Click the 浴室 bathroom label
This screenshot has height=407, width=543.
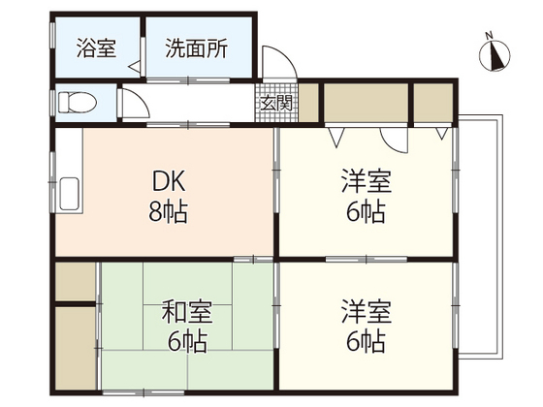tap(97, 47)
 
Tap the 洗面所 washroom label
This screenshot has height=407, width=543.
tap(196, 47)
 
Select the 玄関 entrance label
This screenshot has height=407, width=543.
tap(269, 102)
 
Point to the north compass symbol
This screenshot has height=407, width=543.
tap(495, 55)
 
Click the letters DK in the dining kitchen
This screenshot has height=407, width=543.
tap(168, 181)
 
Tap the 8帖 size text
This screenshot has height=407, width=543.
tap(168, 211)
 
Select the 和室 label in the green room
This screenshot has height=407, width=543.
tap(186, 312)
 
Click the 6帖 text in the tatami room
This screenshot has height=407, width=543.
tap(186, 341)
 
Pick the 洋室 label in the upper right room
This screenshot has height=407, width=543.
tap(366, 181)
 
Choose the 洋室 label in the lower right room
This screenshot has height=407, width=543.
tap(366, 312)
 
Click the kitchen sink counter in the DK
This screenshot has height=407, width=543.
tap(70, 189)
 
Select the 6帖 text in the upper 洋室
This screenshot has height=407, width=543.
tap(366, 211)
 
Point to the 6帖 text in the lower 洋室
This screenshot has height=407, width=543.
tap(366, 341)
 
